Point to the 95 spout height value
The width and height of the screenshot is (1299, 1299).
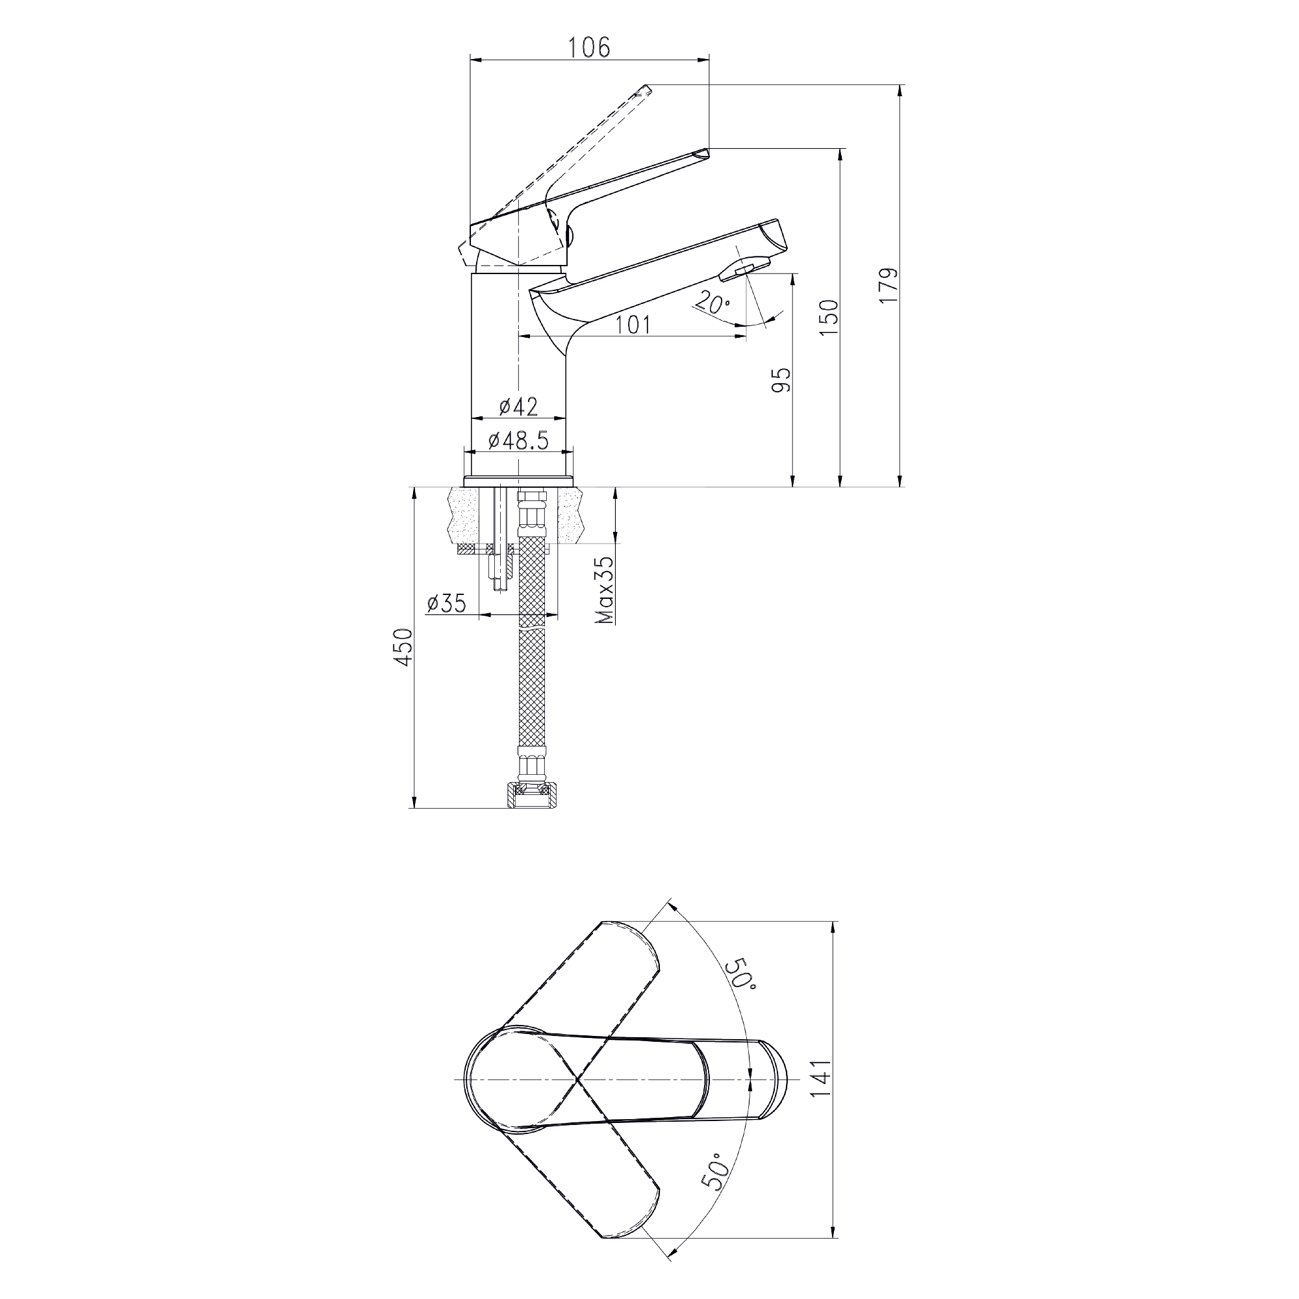coord(782,380)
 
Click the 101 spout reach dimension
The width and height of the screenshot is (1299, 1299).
coord(633,325)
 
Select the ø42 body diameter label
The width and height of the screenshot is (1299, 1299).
coord(518,406)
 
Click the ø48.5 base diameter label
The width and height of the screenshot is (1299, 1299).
coord(518,440)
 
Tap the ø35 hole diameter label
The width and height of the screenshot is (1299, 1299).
coord(446,603)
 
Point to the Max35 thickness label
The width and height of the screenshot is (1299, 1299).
coord(606,589)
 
